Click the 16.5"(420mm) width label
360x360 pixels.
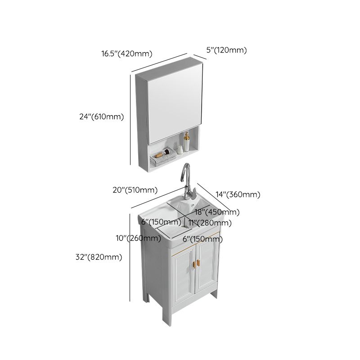click(x=127, y=54)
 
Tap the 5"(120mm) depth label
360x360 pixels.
click(x=226, y=50)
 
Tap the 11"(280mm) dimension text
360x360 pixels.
click(x=211, y=223)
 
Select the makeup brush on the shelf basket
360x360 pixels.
click(x=167, y=154)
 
